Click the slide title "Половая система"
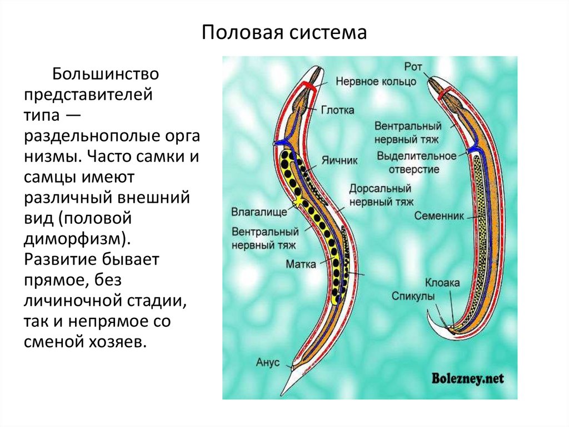click(284, 32)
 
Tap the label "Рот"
click(414, 66)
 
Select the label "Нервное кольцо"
click(376, 81)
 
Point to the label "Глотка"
click(337, 110)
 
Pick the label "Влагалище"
click(259, 212)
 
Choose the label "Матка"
click(301, 263)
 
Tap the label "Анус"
click(267, 362)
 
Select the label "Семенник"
click(438, 215)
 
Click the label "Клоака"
click(442, 283)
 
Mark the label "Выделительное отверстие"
click(416, 162)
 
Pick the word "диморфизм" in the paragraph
click(74, 239)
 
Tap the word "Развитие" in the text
click(62, 259)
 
